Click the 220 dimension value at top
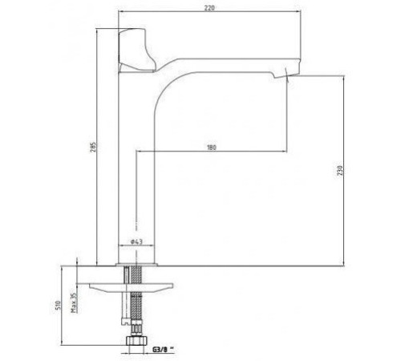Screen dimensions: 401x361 pos(209,8)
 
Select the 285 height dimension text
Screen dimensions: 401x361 pos(93,147)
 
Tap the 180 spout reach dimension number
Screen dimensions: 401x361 pos(212,148)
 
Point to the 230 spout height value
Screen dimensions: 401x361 pos(340,171)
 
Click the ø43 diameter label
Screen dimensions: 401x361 pos(136,241)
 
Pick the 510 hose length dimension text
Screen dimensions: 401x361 pos(58,305)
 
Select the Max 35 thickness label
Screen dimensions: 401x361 pos(74,302)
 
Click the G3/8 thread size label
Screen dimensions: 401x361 pos(161,350)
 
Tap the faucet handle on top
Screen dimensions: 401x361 pos(136,50)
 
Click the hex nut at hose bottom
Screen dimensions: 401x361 pos(136,340)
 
